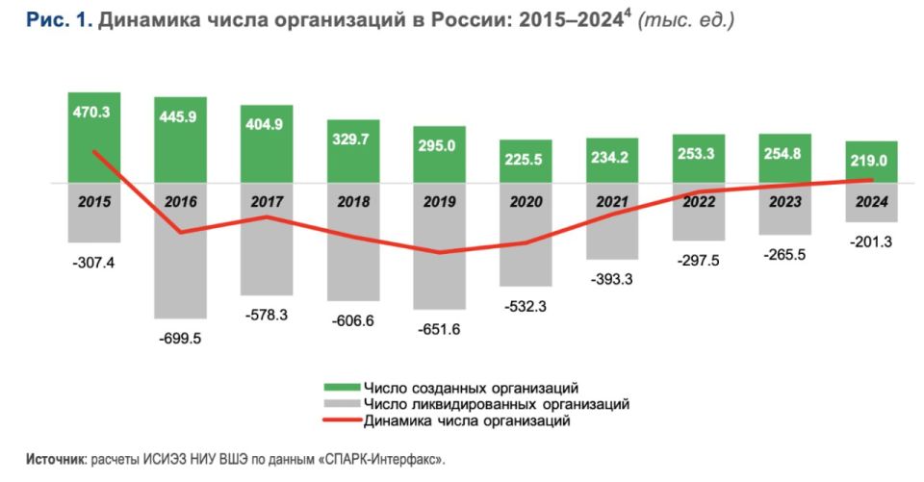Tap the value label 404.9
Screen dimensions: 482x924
267,125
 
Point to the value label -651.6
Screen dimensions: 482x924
439,329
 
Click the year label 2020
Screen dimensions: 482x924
526,202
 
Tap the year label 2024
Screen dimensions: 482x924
872,202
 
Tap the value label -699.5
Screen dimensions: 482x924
180,338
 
